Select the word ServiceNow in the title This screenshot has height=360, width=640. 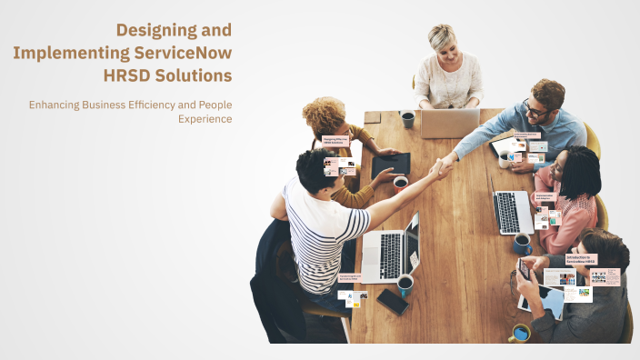pos(183,52)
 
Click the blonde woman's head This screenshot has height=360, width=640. pos(443,38)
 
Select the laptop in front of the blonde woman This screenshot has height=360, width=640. pos(449,123)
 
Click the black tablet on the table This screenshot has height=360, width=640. pos(390,165)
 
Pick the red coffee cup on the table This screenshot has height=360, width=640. pos(400,183)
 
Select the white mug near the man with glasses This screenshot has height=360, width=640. pos(505,159)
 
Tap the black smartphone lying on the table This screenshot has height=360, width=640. pos(393,301)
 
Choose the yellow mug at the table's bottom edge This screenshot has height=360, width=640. pos(520,333)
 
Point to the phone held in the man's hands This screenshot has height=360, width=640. pos(524,268)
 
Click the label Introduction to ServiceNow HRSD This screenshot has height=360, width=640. pos(581,259)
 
